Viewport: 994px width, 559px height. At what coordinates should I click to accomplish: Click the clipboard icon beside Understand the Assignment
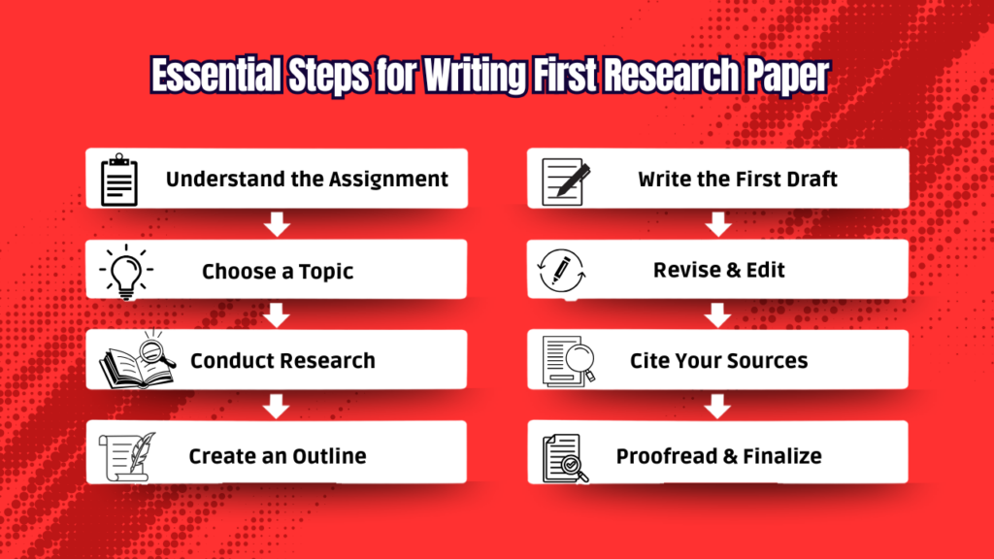(119, 179)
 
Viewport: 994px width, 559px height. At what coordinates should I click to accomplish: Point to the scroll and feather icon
(124, 454)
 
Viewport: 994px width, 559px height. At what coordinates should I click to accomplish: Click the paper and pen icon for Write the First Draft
(565, 179)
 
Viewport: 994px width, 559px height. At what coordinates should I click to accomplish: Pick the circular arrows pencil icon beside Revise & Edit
(560, 270)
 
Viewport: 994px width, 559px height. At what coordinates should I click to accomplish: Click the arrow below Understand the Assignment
(278, 225)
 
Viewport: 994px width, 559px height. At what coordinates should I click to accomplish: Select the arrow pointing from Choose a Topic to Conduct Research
(278, 315)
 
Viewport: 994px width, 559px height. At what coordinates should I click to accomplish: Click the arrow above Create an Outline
(278, 406)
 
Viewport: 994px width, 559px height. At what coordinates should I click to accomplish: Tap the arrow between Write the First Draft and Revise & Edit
(718, 225)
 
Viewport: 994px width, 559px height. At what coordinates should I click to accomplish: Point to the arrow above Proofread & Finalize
(718, 406)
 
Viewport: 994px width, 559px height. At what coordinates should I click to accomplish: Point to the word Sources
(762, 361)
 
